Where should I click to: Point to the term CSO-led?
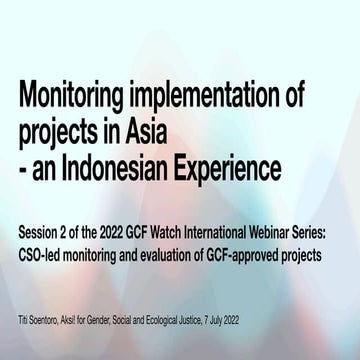click(40, 254)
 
